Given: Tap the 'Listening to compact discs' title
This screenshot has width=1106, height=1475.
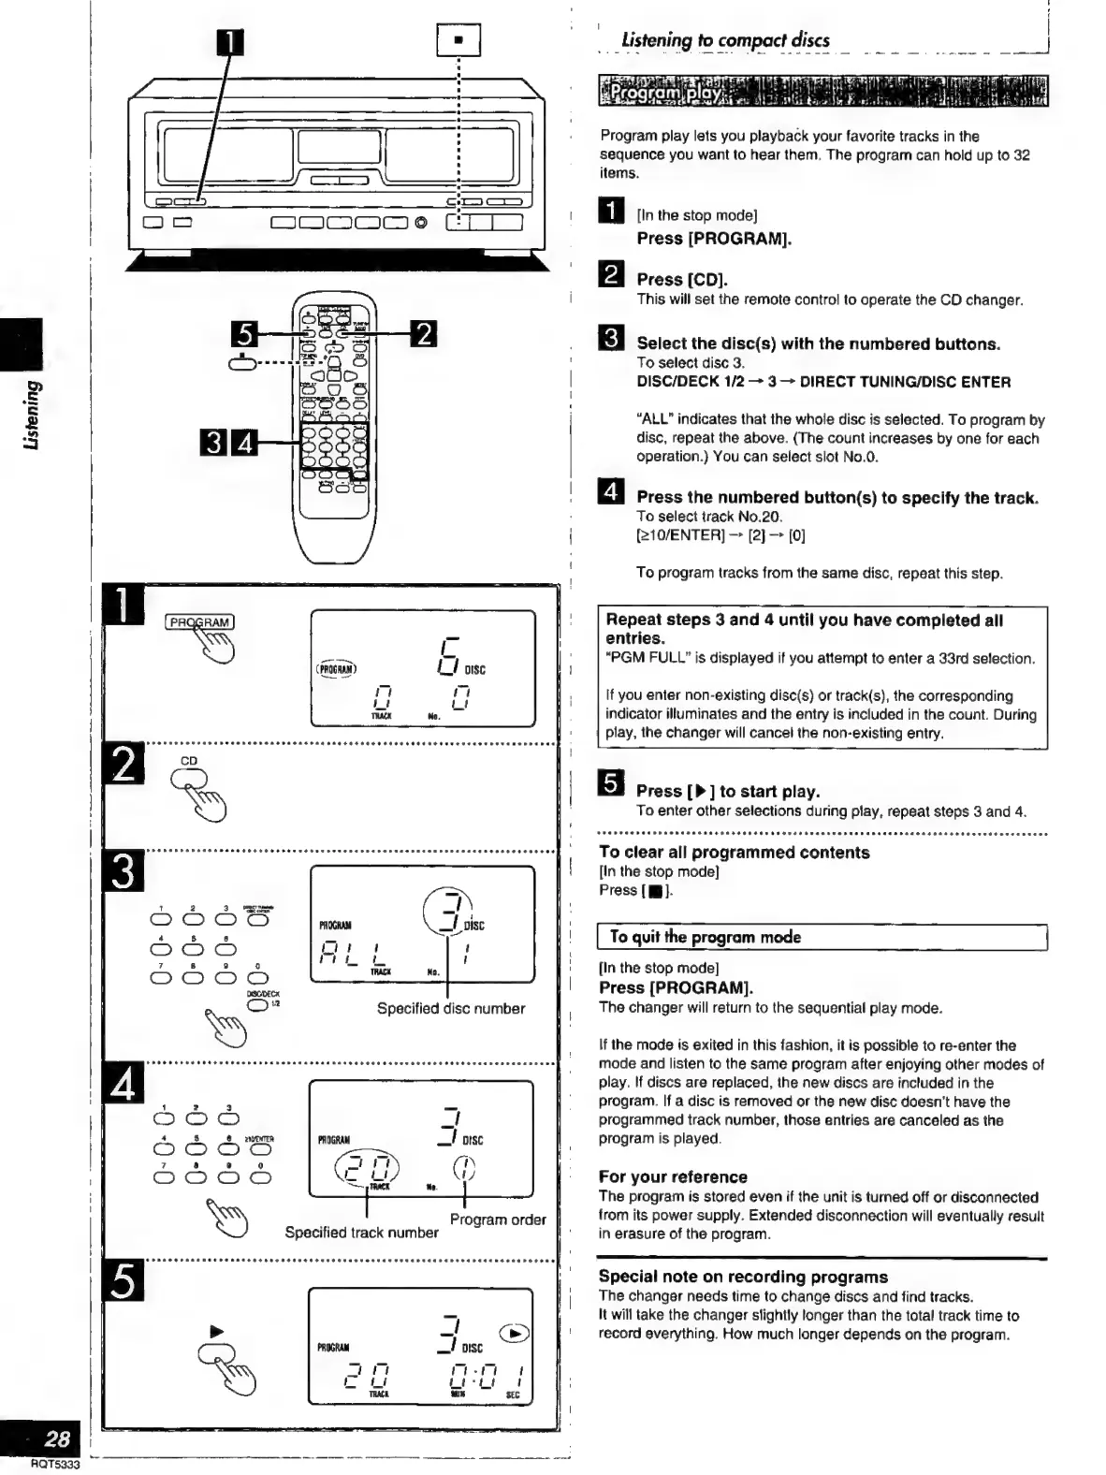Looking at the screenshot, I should click(725, 40).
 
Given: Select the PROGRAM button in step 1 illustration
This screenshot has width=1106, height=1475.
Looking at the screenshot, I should click(199, 622).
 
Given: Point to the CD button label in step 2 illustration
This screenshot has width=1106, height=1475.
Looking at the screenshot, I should click(189, 761).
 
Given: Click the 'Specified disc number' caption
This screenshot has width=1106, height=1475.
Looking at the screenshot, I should click(450, 1008).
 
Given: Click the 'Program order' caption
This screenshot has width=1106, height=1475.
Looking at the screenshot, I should click(497, 1219).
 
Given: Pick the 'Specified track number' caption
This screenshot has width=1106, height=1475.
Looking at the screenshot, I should click(361, 1233).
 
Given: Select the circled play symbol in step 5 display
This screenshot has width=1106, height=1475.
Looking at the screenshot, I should click(515, 1334).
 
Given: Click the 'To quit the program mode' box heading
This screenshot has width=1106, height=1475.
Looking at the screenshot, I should click(705, 937).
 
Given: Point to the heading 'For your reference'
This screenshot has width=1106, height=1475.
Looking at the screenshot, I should click(673, 1176).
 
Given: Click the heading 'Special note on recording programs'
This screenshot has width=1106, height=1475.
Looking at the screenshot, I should click(743, 1277).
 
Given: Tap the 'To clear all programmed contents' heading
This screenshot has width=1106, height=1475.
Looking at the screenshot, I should click(734, 852).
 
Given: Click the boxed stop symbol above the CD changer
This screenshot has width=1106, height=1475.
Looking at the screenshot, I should click(458, 40).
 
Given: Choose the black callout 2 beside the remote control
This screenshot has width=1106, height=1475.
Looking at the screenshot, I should click(424, 333).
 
